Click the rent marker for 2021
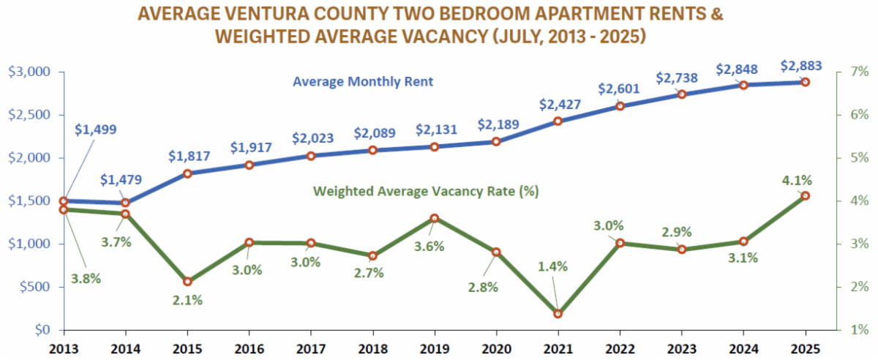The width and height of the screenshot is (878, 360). [x=558, y=121]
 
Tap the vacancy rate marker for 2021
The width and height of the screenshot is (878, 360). [x=558, y=314]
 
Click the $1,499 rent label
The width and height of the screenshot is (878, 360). [x=95, y=130]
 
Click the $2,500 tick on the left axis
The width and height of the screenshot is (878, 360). [x=29, y=115]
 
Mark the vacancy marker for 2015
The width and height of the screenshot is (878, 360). [x=187, y=282]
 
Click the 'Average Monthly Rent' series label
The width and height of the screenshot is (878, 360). [x=363, y=82]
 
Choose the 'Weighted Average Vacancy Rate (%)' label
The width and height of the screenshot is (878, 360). [x=426, y=192]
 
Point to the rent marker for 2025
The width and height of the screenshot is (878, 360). [x=805, y=82]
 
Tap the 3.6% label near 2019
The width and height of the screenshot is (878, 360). [x=429, y=247]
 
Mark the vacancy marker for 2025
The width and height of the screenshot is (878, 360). [x=805, y=196]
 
